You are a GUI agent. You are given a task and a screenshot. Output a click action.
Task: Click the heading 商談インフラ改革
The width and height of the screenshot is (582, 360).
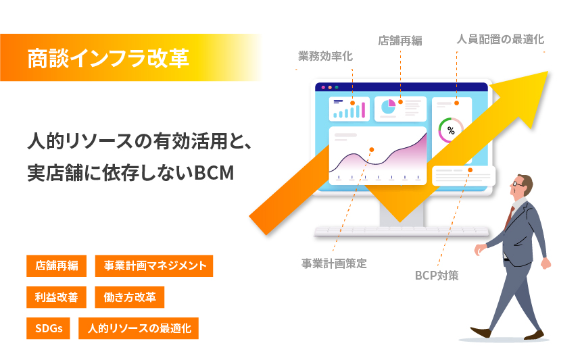(108, 58)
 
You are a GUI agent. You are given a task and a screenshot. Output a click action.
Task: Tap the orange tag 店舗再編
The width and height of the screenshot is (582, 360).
(56, 266)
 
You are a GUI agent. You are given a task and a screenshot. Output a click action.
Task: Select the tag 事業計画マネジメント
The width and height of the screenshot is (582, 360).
(154, 266)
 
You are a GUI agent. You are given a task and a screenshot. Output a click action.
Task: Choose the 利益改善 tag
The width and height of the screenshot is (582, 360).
(56, 297)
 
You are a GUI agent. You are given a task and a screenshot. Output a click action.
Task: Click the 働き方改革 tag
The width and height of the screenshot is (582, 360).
(130, 297)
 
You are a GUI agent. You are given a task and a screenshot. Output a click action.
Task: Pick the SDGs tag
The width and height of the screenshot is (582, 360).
(48, 328)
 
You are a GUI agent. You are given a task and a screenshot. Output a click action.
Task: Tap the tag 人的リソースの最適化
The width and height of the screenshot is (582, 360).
(139, 328)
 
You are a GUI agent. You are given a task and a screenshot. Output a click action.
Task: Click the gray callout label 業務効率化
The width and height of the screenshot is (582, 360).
(325, 56)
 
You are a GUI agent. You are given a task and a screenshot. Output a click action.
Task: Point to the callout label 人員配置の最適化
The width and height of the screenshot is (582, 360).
(500, 39)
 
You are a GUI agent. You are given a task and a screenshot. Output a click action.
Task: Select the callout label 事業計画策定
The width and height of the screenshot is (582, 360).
(334, 263)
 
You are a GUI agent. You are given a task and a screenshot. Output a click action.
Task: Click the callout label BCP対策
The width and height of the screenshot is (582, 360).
(437, 276)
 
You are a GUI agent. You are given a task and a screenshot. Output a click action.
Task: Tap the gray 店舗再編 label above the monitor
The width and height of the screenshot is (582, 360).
(400, 41)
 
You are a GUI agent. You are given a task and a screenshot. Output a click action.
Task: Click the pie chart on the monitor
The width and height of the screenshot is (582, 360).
(388, 107)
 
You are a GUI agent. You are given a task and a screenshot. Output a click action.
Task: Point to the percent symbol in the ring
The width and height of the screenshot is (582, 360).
(451, 130)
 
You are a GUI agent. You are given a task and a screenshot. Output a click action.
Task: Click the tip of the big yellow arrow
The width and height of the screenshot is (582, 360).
(548, 72)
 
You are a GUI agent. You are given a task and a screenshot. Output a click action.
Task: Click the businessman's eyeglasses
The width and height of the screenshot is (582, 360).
(518, 184)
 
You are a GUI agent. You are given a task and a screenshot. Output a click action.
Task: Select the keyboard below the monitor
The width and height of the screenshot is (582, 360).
(402, 231)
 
